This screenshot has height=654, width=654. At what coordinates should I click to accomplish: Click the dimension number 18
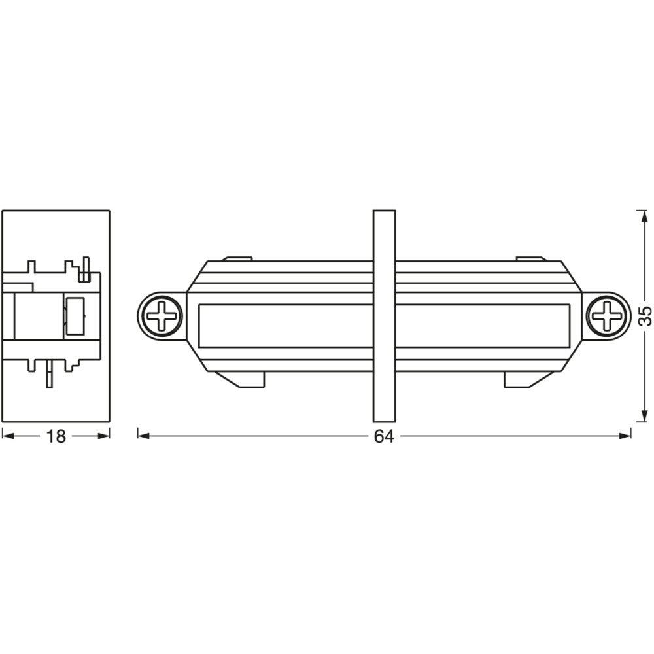56,436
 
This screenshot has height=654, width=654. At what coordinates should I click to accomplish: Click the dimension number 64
384,436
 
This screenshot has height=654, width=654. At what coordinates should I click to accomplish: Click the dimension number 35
645,316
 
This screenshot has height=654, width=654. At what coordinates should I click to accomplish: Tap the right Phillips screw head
607,315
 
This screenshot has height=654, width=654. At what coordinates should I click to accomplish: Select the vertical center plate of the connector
384,316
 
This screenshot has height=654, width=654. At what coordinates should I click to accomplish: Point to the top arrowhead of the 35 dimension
642,217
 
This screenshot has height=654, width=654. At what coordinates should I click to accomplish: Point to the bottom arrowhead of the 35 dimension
642,415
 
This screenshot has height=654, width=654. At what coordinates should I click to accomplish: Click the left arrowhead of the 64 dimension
144,436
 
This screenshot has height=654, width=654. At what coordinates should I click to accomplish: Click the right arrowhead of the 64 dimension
625,436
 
